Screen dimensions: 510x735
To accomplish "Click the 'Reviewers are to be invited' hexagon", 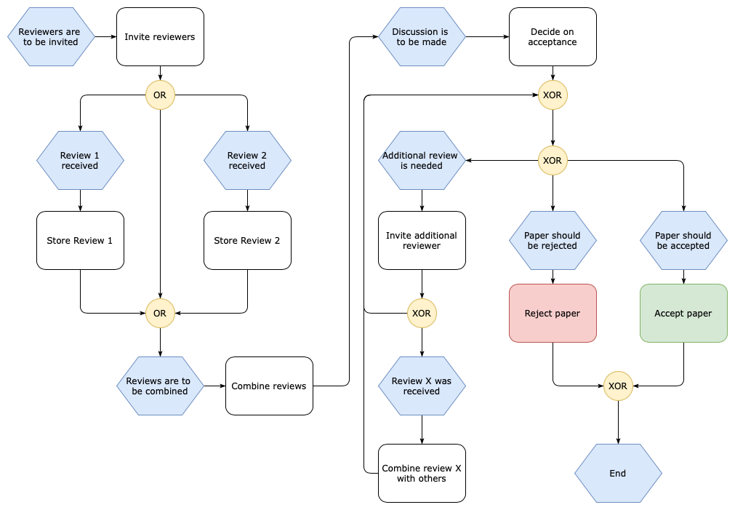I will coord(51,37).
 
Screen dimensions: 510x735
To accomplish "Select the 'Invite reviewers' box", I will coord(160,37).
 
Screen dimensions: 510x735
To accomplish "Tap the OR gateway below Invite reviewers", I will coord(160,95).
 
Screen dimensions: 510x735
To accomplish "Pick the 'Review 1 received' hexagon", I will coord(80,160).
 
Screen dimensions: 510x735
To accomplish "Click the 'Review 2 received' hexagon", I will coord(247,160).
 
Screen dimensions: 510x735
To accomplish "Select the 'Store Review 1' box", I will coord(80,241).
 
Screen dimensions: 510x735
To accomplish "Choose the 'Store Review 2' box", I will coord(247,241).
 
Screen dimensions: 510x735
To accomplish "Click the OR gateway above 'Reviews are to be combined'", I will coord(160,314).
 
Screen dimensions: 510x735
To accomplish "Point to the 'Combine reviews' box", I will coord(269,386).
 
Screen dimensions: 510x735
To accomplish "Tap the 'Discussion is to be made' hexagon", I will coord(422,37).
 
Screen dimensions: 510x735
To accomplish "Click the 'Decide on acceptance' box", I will coord(553,37).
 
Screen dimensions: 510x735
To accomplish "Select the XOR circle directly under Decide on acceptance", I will coord(553,95).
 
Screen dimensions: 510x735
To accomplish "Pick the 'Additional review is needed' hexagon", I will coord(422,160).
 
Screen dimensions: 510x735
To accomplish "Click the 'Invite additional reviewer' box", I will coord(422,241).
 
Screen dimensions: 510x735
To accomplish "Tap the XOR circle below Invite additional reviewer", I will coord(422,314).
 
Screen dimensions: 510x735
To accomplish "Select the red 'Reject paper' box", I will coord(553,314).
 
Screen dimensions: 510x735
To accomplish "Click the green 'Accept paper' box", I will coord(683,314).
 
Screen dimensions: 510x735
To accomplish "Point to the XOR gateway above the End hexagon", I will coord(618,386).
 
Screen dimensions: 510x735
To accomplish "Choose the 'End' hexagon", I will coord(618,474).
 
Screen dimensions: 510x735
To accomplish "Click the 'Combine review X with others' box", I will coord(422,474).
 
